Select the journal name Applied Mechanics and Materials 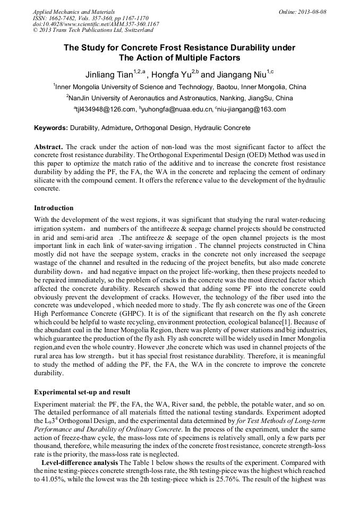tap(74, 11)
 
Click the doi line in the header tap(96, 24)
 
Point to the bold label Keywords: tap(51, 128)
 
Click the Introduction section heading tap(54, 208)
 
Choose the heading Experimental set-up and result tap(82, 392)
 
